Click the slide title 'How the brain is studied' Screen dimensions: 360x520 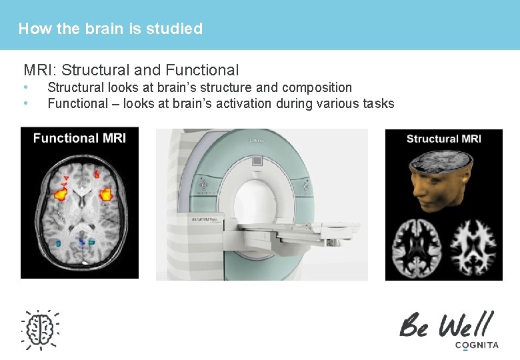[110, 29]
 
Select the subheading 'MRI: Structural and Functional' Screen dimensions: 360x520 [131, 69]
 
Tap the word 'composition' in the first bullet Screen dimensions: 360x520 [317, 87]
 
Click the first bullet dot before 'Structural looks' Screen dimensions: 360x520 [25, 87]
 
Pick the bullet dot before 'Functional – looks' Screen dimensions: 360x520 [25, 103]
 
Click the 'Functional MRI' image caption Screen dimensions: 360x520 [79, 138]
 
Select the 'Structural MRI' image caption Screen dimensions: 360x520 [443, 139]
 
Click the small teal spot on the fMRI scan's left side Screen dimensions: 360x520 [59, 243]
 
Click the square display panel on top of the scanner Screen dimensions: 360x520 [257, 161]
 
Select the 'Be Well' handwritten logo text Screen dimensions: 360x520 [446, 325]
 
